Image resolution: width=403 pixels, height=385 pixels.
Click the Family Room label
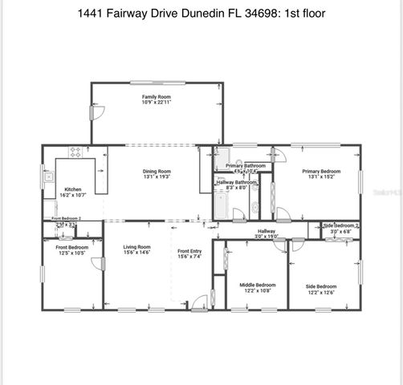(157, 96)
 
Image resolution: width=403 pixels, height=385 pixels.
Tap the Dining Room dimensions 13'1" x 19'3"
(157, 176)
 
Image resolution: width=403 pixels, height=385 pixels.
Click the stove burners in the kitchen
(76, 152)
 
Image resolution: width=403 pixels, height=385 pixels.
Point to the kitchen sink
(49, 178)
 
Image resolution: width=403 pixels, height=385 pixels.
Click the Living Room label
(136, 247)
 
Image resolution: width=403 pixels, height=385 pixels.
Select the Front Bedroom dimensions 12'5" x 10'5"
(72, 253)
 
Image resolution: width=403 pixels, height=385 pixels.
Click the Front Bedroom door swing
(96, 264)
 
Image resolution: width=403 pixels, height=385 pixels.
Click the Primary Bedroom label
(321, 171)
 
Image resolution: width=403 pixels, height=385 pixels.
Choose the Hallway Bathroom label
(237, 183)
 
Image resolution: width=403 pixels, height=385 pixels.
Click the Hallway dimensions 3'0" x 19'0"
(266, 237)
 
